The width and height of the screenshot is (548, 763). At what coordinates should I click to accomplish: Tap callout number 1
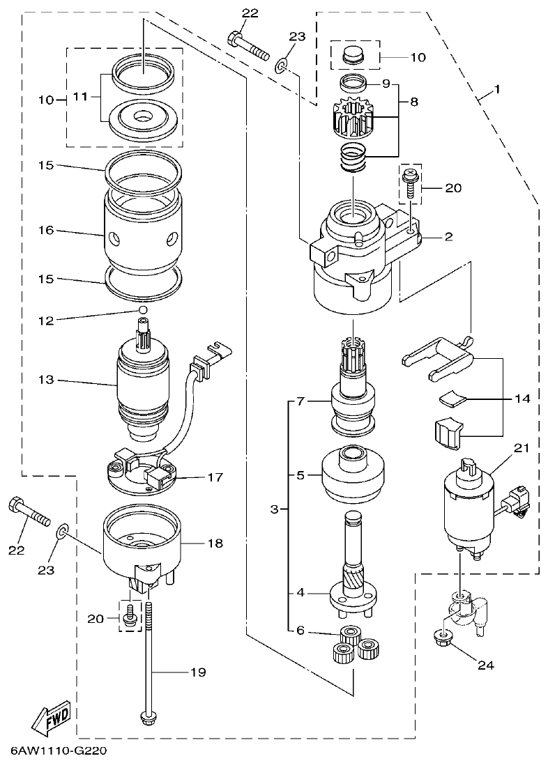coord(497,90)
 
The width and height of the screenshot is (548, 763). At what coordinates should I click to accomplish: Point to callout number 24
coord(485,665)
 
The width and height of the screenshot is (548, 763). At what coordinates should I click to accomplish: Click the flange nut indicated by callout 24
coord(441,635)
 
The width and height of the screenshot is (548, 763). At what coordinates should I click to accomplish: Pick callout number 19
coord(199,672)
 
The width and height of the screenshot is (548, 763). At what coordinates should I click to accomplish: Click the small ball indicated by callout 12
coord(142,309)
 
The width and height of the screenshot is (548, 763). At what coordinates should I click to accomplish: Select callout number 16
coord(47,231)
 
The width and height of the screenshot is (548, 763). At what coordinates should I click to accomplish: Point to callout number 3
coord(275,510)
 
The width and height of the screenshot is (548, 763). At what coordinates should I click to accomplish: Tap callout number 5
coord(300,475)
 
